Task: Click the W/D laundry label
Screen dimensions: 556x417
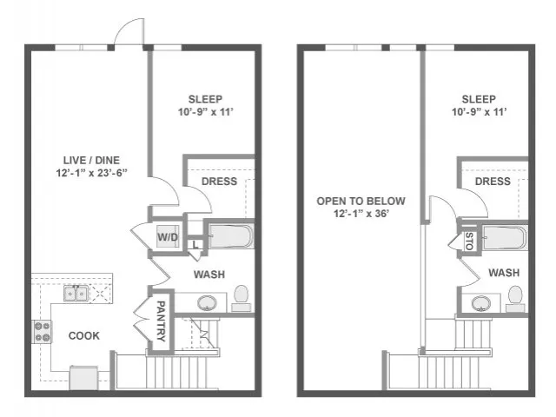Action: pos(168,237)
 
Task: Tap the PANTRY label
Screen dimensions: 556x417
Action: pos(161,321)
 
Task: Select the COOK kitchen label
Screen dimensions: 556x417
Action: pos(84,336)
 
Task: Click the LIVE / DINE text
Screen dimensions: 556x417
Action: pos(91,160)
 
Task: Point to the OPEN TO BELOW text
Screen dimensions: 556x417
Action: pos(361,201)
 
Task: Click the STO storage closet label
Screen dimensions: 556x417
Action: pos(469,242)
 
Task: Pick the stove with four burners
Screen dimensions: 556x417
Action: pos(42,332)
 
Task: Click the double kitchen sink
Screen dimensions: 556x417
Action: pos(76,294)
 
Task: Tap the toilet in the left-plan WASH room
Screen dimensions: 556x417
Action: pos(242,299)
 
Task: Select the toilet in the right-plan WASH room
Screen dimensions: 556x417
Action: pos(515,299)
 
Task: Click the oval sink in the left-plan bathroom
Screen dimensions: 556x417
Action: pos(207,303)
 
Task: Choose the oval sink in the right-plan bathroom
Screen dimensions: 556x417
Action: pos(481,303)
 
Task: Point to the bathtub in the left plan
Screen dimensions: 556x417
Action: pos(231,235)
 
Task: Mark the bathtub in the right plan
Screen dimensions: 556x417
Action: pos(505,238)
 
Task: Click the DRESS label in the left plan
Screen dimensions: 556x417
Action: pos(219,182)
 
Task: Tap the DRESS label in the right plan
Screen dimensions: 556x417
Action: pos(493,182)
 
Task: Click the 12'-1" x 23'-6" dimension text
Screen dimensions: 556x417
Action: pos(91,173)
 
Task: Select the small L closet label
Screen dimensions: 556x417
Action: pos(195,245)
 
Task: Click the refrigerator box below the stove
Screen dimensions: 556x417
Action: pos(83,378)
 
